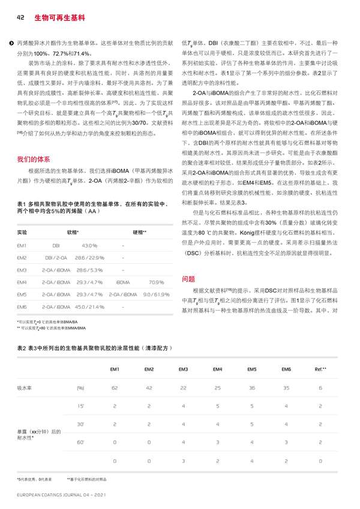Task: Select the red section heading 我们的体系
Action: click(34, 159)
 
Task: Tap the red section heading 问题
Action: click(188, 279)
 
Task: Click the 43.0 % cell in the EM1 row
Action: click(89, 246)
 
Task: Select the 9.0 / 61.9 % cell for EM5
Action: click(155, 294)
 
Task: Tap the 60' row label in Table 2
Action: click(80, 441)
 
